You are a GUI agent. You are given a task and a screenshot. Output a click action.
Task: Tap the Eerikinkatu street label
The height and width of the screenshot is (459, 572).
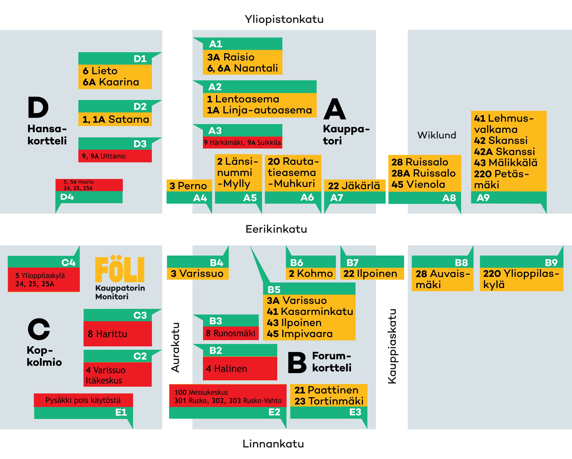[276, 229]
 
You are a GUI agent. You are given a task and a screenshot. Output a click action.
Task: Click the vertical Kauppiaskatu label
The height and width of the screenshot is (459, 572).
[392, 346]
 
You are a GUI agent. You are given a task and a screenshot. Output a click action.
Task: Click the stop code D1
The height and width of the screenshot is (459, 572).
[140, 59]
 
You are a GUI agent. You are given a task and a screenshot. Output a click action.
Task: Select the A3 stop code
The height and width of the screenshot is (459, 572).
[215, 131]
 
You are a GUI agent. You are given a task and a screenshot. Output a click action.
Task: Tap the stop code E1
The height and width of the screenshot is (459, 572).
[121, 412]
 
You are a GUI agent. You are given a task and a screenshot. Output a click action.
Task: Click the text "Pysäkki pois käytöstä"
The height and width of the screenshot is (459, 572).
[83, 400]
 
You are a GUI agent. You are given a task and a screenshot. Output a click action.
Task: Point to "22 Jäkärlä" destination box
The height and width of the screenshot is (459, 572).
[354, 186]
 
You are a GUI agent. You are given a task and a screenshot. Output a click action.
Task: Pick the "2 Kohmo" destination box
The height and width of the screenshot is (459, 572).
[311, 273]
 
